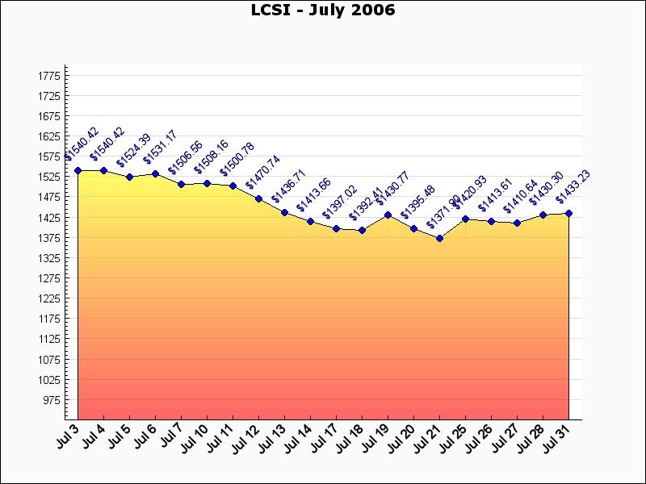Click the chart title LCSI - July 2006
(x=323, y=10)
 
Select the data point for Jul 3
(x=78, y=170)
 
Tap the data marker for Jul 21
(x=439, y=239)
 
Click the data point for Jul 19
(x=388, y=215)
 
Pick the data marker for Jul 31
(x=568, y=214)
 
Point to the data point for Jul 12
(x=258, y=198)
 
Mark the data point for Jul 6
(x=155, y=173)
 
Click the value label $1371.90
(x=443, y=211)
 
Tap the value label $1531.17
(x=159, y=147)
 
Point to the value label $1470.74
(x=262, y=172)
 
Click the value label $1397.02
(x=340, y=202)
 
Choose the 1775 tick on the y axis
(x=48, y=76)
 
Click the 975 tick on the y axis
(x=51, y=400)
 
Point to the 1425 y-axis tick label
(x=48, y=218)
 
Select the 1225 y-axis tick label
(x=48, y=298)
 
